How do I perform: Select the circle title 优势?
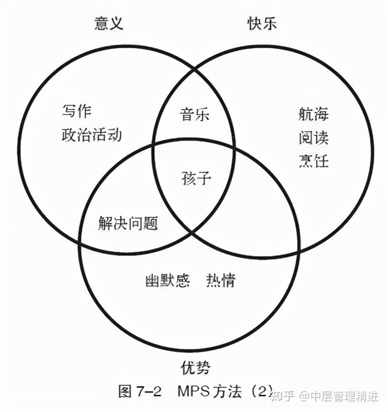195,367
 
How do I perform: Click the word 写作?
76,112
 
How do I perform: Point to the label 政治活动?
92,135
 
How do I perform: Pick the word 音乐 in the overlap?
194,115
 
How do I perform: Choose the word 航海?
313,115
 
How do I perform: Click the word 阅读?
313,138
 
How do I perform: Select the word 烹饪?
313,160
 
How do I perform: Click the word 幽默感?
167,281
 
